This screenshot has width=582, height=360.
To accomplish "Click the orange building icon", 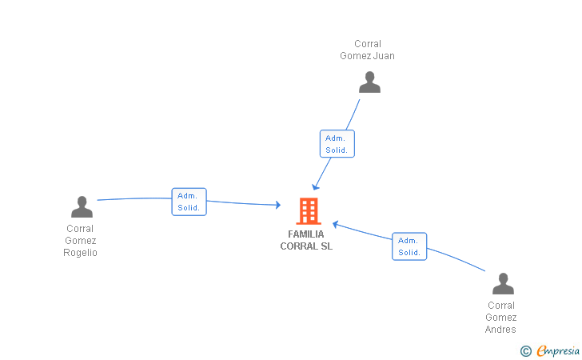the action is click(x=308, y=211).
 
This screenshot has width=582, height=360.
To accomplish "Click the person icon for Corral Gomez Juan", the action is click(x=369, y=82).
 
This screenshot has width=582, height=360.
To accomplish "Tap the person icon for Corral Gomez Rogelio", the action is click(x=82, y=207).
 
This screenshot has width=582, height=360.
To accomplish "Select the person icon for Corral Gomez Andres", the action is click(x=503, y=284).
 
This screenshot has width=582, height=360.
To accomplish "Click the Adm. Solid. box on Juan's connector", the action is click(x=337, y=144).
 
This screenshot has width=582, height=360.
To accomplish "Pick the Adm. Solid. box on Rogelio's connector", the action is click(x=189, y=202).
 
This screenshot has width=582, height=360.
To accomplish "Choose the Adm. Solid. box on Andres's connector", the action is click(x=409, y=246).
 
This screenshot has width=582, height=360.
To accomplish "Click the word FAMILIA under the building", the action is click(x=306, y=234).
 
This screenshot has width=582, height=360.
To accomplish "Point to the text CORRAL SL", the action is click(x=306, y=246).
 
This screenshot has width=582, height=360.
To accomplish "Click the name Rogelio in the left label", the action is click(x=81, y=253).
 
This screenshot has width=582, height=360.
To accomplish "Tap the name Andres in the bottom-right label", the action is click(x=501, y=330).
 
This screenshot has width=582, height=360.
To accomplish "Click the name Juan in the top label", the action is click(x=384, y=56).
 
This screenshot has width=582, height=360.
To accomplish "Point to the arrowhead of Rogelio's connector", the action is click(x=277, y=206).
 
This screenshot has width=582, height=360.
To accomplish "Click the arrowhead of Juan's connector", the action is click(x=315, y=186).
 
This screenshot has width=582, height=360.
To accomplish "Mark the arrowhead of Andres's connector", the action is click(x=336, y=223).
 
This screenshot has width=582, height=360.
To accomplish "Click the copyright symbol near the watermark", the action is click(x=525, y=350).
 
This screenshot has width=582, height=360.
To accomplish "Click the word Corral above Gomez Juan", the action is click(x=368, y=44).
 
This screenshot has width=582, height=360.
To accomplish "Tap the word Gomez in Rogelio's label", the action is click(x=81, y=241).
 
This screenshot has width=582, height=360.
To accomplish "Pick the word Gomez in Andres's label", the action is click(x=501, y=318).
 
